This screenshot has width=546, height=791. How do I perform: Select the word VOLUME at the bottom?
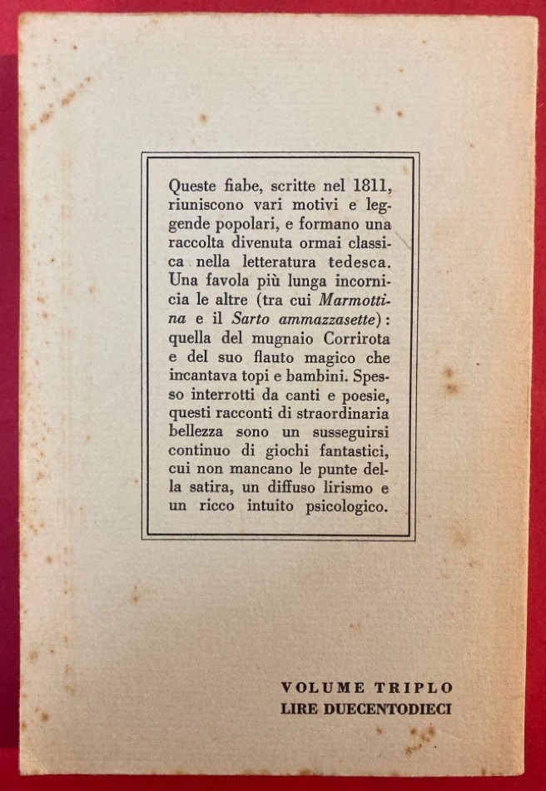click(x=323, y=688)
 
